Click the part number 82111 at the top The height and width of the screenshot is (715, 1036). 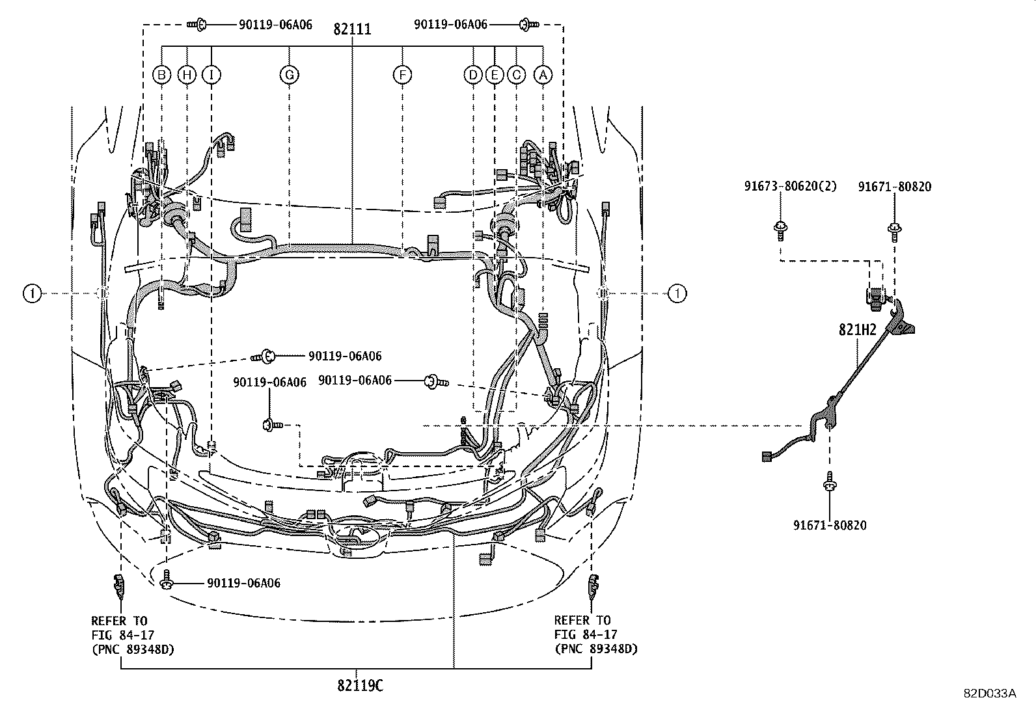click(352, 29)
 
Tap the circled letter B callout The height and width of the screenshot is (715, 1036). click(161, 75)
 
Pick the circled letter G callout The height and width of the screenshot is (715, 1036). click(289, 75)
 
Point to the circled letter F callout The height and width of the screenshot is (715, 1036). click(402, 75)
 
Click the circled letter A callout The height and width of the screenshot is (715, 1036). click(543, 75)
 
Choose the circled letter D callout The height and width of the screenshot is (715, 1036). click(473, 75)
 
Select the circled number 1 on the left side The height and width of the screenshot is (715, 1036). click(31, 294)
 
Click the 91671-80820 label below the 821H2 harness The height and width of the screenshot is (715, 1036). click(830, 525)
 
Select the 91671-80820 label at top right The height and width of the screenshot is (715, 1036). click(894, 187)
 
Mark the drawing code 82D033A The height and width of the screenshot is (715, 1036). click(990, 694)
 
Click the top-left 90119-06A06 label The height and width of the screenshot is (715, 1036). click(266, 25)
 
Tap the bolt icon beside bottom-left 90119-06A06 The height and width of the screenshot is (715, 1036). click(167, 580)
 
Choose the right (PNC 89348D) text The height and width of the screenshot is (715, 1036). click(595, 649)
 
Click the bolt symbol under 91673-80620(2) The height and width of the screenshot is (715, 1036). click(780, 229)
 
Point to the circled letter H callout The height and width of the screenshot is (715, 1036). click(187, 75)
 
